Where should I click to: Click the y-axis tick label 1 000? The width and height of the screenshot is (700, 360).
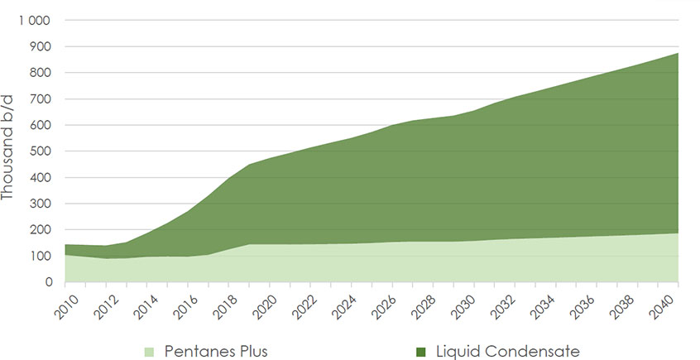click(x=35, y=20)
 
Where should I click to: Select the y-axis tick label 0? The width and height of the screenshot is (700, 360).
click(x=49, y=282)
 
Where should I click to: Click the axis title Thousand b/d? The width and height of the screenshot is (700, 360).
click(x=10, y=150)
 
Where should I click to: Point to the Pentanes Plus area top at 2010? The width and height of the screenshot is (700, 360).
click(x=65, y=254)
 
